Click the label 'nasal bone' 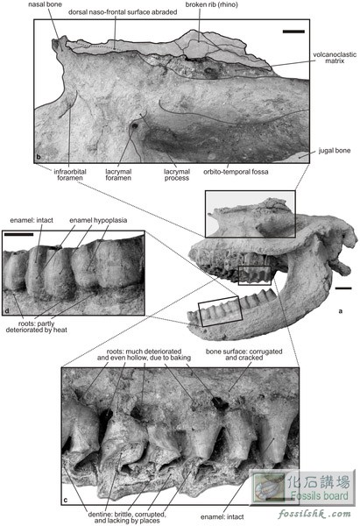click(x=45, y=4)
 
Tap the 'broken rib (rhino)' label click(x=211, y=4)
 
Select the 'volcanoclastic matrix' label click(x=335, y=57)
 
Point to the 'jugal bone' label click(x=335, y=151)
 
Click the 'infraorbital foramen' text click(x=70, y=174)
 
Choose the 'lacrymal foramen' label click(x=118, y=174)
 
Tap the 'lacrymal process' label click(x=177, y=174)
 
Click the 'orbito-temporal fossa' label click(x=236, y=172)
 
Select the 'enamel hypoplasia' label click(x=98, y=220)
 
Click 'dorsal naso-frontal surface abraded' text click(x=123, y=12)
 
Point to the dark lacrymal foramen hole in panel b click(x=135, y=126)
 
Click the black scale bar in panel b click(x=293, y=32)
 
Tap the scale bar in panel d click(x=18, y=234)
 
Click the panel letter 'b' click(x=39, y=157)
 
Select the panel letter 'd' click(x=6, y=310)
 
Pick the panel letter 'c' click(x=66, y=501)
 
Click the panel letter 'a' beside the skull click(x=341, y=311)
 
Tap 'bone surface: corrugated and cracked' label click(x=244, y=354)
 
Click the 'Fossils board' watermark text click(x=319, y=495)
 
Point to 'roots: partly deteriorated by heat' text click(x=37, y=327)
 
